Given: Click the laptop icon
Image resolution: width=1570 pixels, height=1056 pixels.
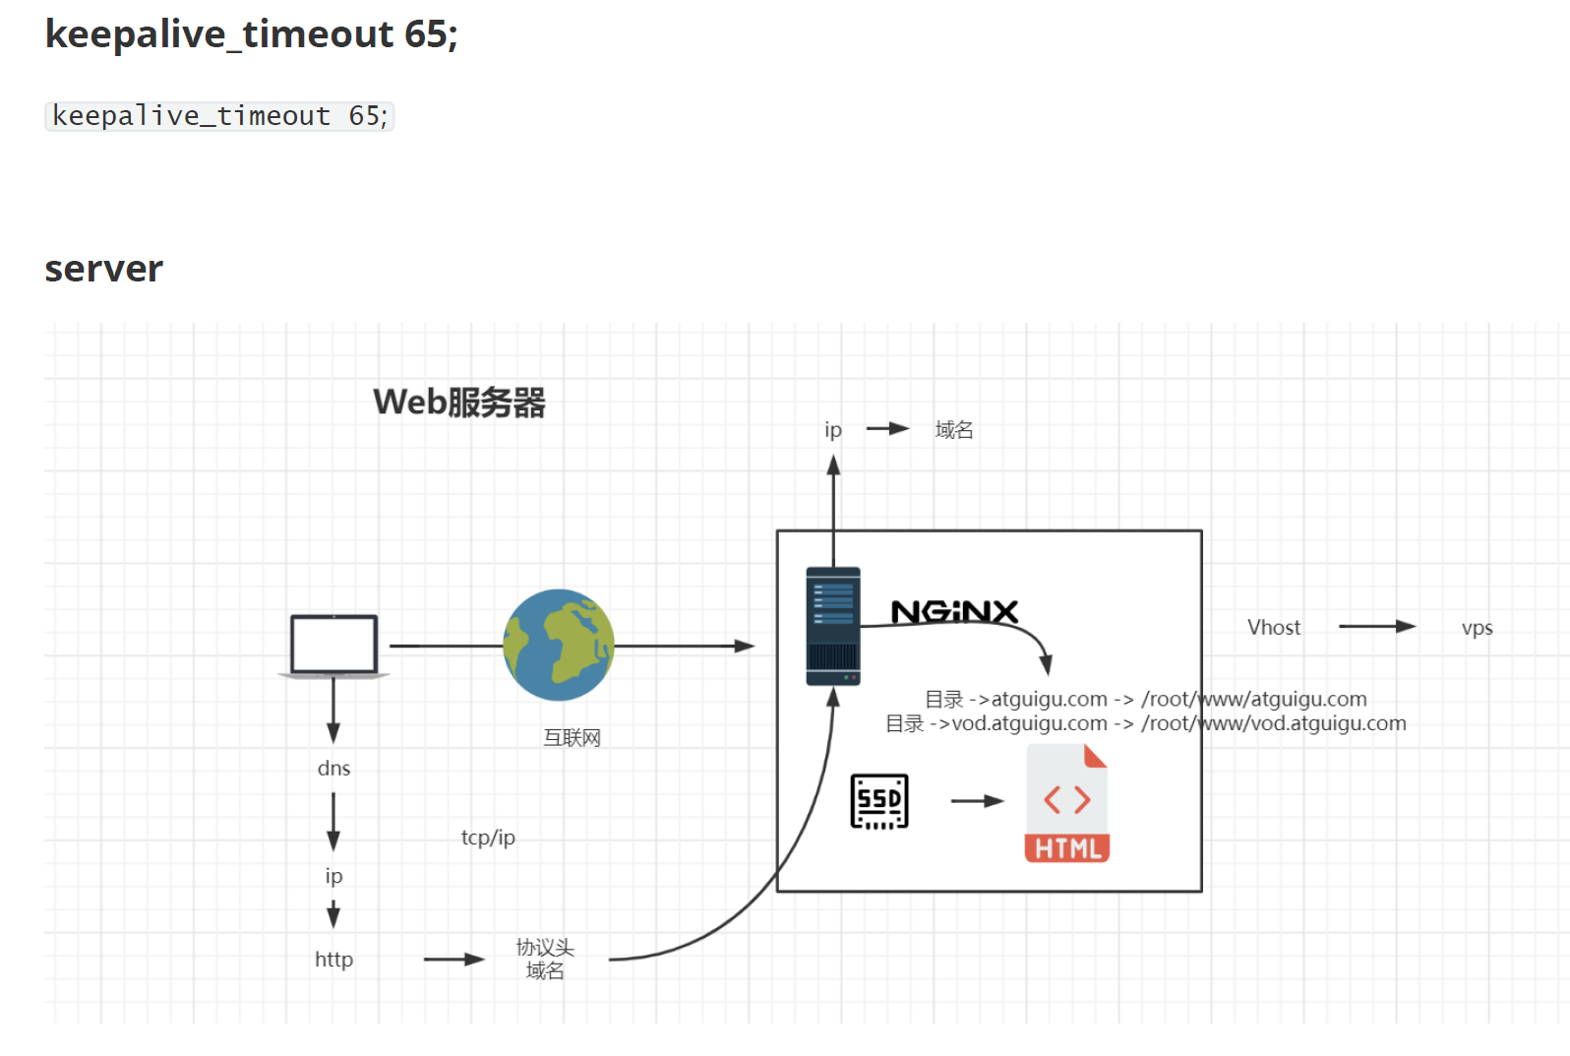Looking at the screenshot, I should (333, 646).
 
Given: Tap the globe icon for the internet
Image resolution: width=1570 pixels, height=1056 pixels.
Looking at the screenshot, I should (559, 645).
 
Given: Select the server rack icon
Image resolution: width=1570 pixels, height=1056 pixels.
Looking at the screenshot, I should (833, 626).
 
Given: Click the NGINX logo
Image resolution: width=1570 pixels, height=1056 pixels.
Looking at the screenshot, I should (953, 612).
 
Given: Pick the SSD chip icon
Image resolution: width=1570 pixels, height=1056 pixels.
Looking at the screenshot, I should (878, 801).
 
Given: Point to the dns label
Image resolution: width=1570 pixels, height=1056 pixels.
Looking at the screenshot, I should (333, 768).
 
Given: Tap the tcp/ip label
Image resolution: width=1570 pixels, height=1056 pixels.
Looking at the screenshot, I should (488, 838).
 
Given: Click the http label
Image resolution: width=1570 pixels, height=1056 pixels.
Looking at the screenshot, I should (333, 959).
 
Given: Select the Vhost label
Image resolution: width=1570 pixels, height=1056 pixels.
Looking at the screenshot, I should (1273, 627).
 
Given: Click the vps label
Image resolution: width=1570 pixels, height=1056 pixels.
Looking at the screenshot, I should (1477, 627).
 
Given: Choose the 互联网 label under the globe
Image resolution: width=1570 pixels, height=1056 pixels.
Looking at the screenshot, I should (572, 737).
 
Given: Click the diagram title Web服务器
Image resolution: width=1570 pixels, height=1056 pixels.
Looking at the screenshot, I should (458, 402).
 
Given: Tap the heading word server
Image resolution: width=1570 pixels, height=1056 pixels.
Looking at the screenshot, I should (104, 269).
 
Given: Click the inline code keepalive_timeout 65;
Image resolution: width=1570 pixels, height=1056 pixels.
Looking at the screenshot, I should (219, 116).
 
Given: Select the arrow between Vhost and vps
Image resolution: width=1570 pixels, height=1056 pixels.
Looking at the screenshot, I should (1377, 626).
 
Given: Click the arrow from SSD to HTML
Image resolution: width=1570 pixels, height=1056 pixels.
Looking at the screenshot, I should (977, 801).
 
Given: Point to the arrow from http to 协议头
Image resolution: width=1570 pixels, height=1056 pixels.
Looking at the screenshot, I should (453, 959).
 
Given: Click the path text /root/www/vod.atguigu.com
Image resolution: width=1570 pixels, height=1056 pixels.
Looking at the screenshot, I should (1274, 723).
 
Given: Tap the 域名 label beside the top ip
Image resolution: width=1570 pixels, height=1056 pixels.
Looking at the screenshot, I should (953, 429).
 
